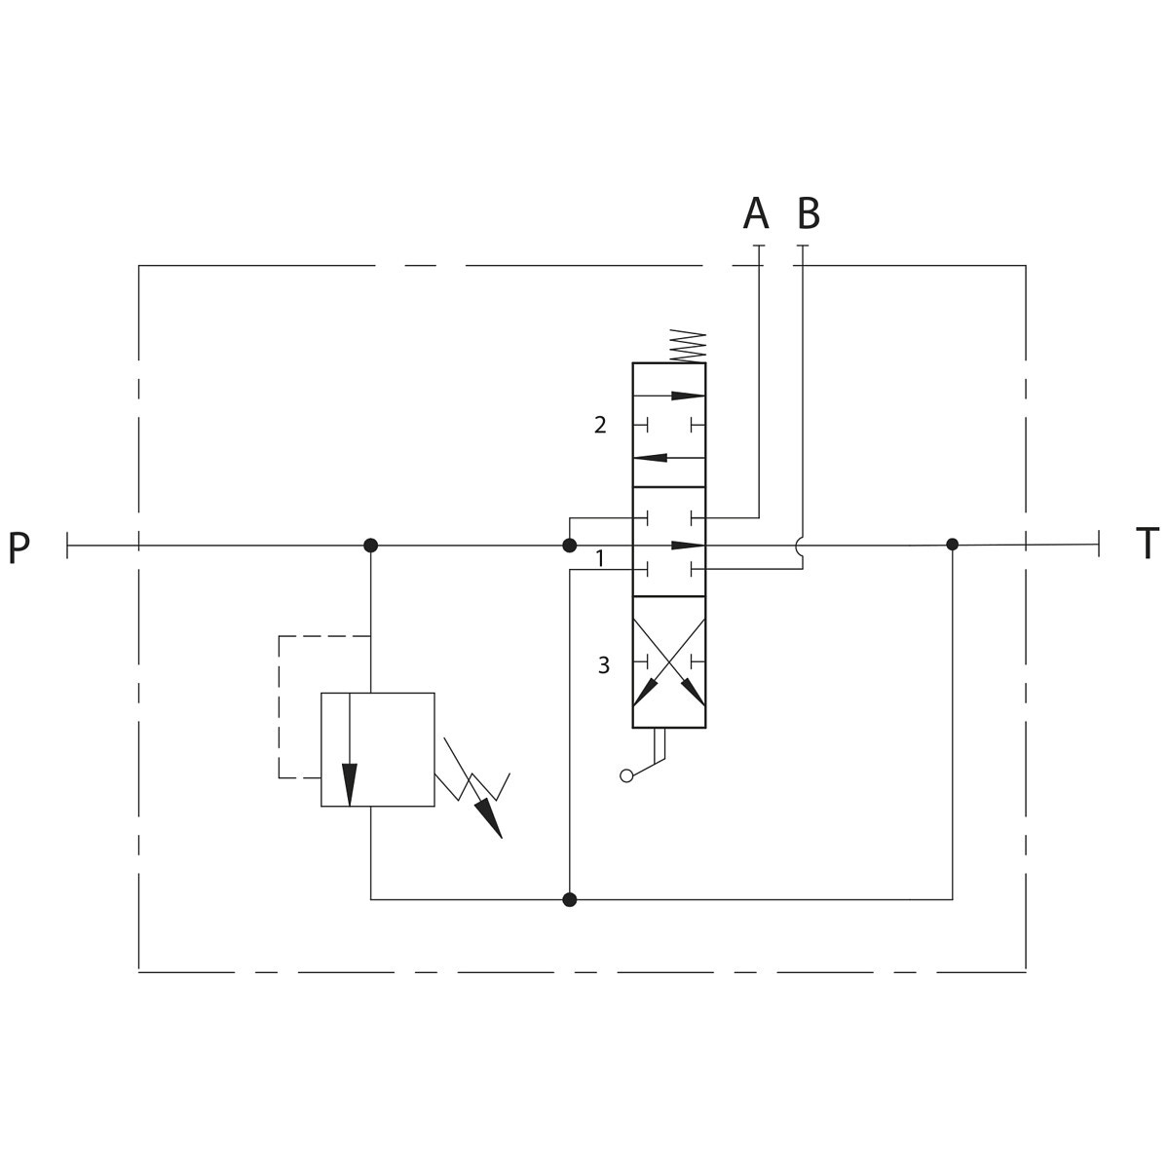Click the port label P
19,547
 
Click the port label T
1147,544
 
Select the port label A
756,213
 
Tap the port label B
809,213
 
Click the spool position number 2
600,426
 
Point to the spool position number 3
604,665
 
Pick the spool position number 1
601,558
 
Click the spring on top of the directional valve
688,346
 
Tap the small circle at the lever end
626,775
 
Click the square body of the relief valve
377,750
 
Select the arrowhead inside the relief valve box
350,785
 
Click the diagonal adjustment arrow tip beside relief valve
502,838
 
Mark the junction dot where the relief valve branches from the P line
370,546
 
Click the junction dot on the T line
953,545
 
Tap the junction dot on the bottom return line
569,900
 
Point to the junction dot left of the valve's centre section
569,546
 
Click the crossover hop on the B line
801,545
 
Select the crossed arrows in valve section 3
668,662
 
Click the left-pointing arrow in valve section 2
668,458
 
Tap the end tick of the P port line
67,546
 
